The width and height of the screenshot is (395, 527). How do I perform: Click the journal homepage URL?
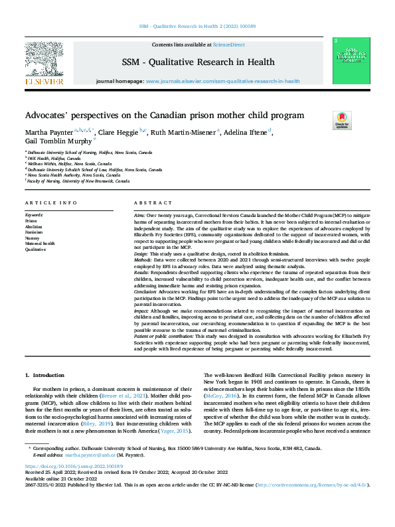click(222, 81)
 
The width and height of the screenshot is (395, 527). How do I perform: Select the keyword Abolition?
click(34, 226)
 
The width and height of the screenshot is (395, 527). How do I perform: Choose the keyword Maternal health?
click(39, 244)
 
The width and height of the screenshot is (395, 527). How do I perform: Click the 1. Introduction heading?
click(44, 376)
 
